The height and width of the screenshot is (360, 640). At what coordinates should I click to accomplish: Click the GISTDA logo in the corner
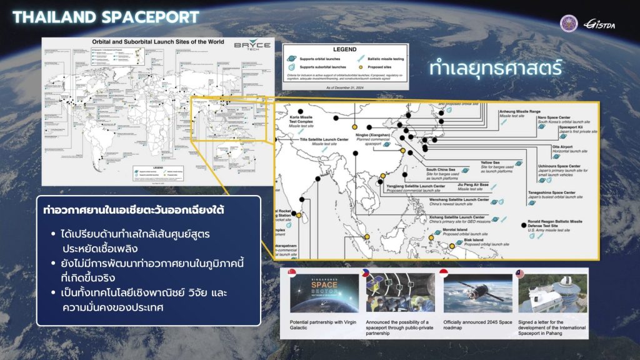[x=600, y=24]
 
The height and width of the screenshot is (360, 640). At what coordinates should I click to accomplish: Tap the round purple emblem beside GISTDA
[x=569, y=23]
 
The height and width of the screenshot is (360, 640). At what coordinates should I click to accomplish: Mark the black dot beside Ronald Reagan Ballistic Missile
[x=522, y=224]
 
